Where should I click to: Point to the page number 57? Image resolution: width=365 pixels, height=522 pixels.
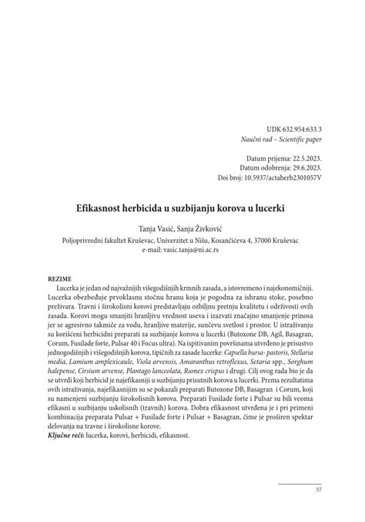point(319,490)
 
